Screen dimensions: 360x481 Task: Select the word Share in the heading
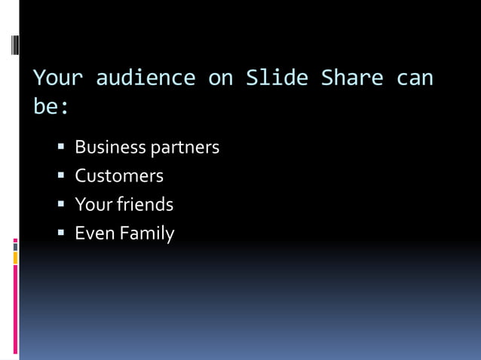pyautogui.click(x=353, y=78)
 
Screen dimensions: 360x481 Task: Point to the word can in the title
pyautogui.click(x=415, y=78)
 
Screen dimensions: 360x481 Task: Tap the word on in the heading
pyautogui.click(x=221, y=78)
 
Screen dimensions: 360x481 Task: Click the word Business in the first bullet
pyautogui.click(x=110, y=148)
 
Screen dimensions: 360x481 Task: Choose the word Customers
pyautogui.click(x=119, y=176)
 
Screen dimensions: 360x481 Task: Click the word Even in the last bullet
pyautogui.click(x=92, y=233)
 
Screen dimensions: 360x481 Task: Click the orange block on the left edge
pyautogui.click(x=15, y=258)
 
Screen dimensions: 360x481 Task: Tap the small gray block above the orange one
pyautogui.click(x=15, y=246)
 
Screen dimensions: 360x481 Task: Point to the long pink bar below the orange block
pyautogui.click(x=15, y=309)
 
